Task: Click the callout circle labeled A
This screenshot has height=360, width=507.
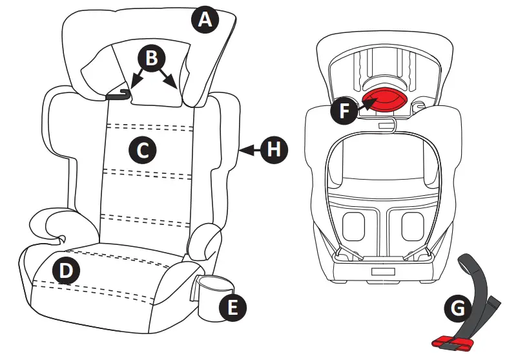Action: [x=205, y=20]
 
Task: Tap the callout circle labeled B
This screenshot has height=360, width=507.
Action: [x=150, y=58]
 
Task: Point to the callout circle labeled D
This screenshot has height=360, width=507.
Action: [x=65, y=271]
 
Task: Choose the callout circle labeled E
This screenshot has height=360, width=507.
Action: [x=232, y=307]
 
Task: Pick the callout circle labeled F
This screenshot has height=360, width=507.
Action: [x=343, y=111]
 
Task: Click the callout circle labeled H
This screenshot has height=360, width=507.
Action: [x=274, y=149]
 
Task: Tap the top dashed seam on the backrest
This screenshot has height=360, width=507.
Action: [x=150, y=125]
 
